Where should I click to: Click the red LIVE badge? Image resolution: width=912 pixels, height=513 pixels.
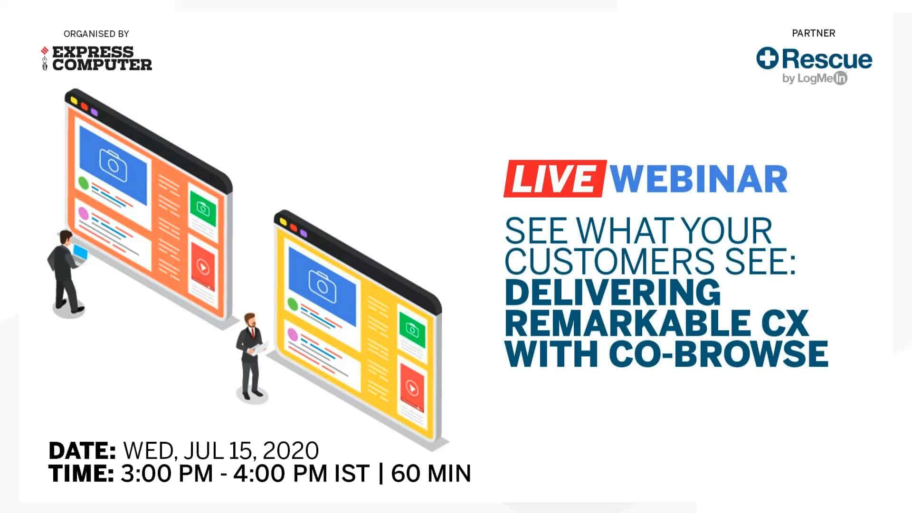pyautogui.click(x=554, y=179)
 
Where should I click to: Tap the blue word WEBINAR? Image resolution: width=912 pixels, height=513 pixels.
pyautogui.click(x=698, y=179)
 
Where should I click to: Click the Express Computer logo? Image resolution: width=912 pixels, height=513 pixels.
pyautogui.click(x=96, y=58)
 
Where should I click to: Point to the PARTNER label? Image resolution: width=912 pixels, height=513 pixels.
pyautogui.click(x=813, y=33)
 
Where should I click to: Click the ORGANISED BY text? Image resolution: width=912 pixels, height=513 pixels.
pyautogui.click(x=96, y=34)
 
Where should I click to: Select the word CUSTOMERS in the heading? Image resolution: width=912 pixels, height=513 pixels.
pyautogui.click(x=609, y=261)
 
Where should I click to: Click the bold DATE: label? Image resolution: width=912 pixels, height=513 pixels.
pyautogui.click(x=82, y=450)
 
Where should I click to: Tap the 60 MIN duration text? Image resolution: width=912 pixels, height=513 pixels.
pyautogui.click(x=431, y=474)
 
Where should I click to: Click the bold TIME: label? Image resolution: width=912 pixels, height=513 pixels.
pyautogui.click(x=81, y=474)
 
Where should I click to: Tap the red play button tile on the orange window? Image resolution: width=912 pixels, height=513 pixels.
pyautogui.click(x=203, y=267)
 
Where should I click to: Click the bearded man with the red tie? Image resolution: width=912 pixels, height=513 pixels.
pyautogui.click(x=250, y=354)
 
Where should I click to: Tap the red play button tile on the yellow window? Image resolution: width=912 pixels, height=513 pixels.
pyautogui.click(x=412, y=389)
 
